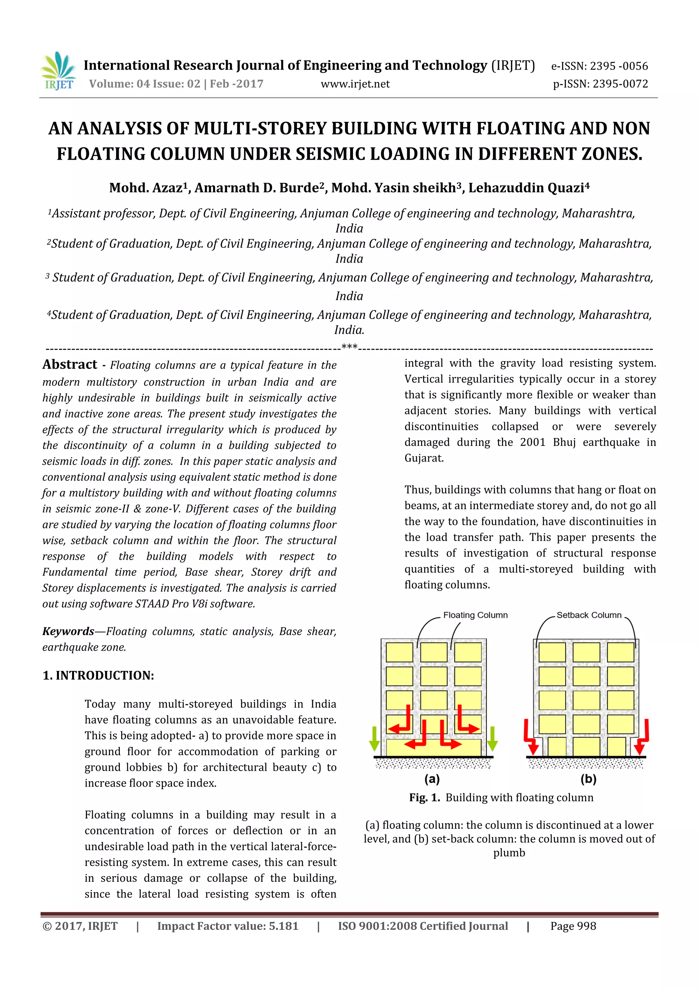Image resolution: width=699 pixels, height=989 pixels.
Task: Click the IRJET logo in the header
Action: point(58,71)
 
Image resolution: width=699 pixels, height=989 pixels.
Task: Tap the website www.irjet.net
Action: point(355,84)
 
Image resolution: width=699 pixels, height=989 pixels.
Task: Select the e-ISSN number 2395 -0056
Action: point(618,66)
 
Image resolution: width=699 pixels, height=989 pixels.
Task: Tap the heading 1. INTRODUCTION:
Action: point(98,675)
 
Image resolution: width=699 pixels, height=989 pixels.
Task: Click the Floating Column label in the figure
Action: point(475,615)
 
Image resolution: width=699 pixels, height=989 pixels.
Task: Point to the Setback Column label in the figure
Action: point(589,615)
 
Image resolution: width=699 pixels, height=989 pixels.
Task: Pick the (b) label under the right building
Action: point(588,779)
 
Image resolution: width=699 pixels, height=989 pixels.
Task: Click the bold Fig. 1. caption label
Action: point(424,798)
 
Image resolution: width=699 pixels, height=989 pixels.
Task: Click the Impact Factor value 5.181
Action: point(283,926)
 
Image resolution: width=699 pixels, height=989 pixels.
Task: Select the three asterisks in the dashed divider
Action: point(349,347)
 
